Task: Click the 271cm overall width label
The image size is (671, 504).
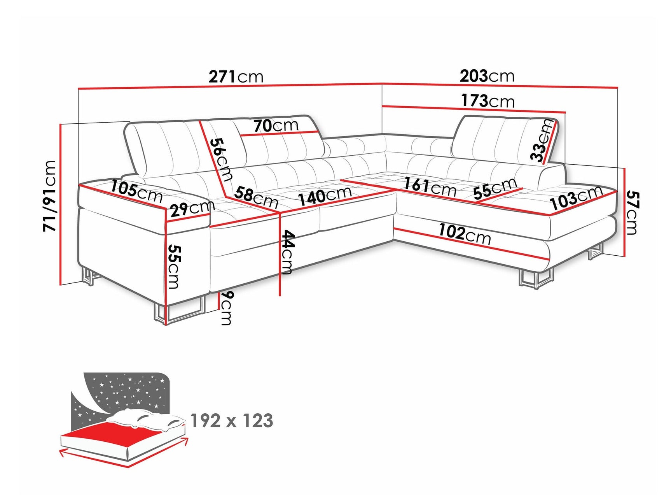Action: [236, 77]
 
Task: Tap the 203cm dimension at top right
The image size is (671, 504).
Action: [487, 76]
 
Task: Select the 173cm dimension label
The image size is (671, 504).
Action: [488, 101]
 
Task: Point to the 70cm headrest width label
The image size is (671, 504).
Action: [276, 126]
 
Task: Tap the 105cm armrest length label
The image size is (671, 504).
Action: [136, 191]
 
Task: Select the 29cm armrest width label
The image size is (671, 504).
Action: [192, 209]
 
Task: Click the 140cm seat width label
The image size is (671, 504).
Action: [325, 196]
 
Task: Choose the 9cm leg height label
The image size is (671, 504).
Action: [226, 307]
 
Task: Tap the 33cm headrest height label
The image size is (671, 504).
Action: [542, 140]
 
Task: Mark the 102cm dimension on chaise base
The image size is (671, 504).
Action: [465, 234]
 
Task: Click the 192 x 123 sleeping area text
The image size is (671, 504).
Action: [232, 421]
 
